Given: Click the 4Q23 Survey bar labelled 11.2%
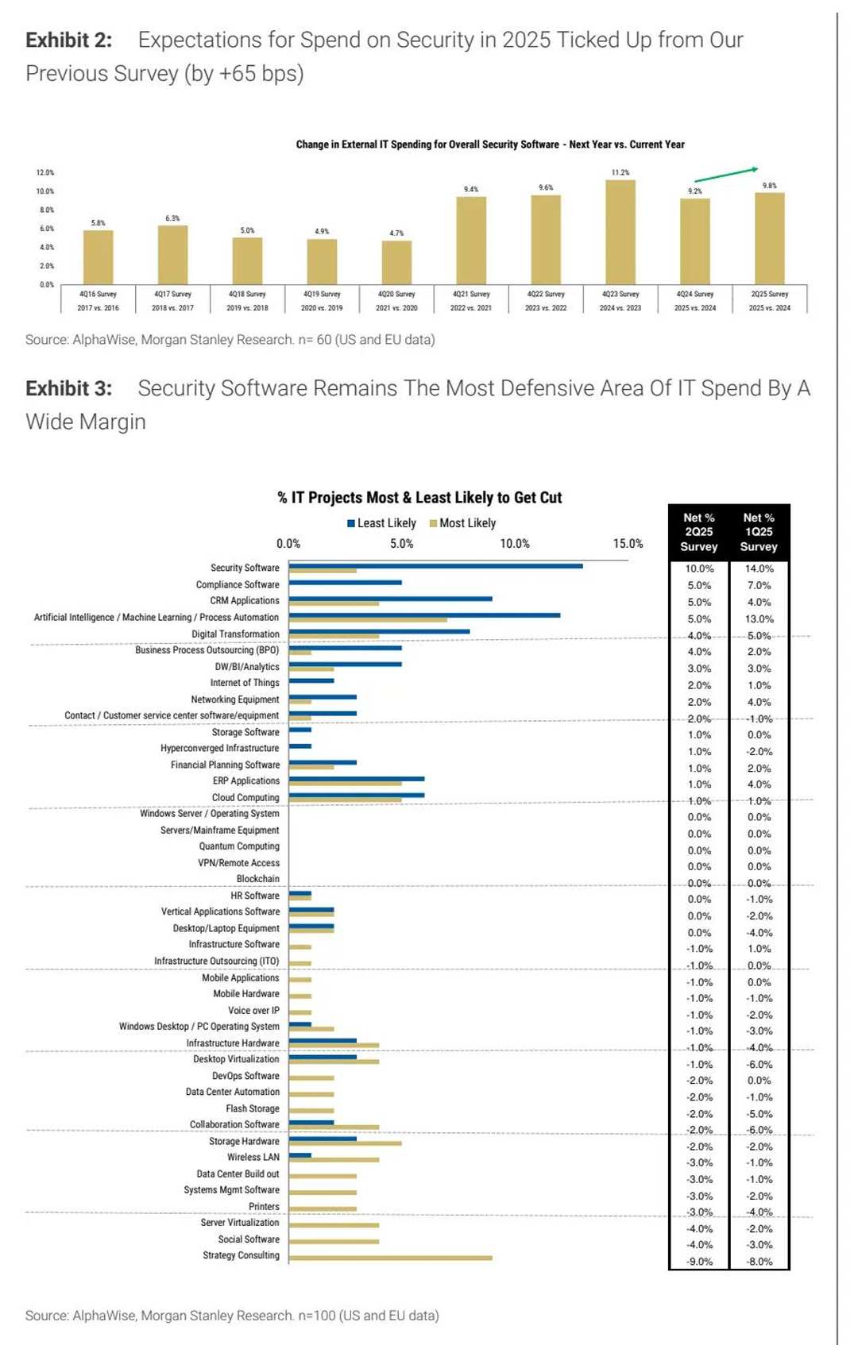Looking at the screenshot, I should tap(620, 232).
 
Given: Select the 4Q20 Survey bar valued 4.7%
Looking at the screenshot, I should tap(396, 262).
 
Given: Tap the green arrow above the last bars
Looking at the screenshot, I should tap(726, 175).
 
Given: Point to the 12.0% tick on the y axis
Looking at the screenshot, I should tap(45, 172).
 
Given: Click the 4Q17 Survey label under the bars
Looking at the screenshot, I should tap(172, 295).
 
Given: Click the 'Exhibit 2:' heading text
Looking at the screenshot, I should tap(69, 40).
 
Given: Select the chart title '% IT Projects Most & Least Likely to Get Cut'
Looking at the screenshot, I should tap(419, 498).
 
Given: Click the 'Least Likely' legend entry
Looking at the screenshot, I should tap(381, 523).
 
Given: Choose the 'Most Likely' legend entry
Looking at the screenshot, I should tap(463, 523).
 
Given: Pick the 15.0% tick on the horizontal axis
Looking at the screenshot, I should tap(628, 544).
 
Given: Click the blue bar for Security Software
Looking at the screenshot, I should tap(435, 566).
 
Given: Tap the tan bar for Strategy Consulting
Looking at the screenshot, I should tap(390, 1258).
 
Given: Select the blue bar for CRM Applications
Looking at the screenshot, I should tap(390, 599).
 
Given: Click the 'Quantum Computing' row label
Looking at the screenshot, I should tap(239, 846).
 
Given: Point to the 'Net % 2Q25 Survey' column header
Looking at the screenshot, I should tap(699, 532).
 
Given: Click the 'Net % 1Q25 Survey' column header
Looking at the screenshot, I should tap(759, 532).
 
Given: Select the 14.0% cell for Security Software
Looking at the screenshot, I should tap(759, 568).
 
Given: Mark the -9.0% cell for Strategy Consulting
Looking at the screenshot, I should tap(699, 1262).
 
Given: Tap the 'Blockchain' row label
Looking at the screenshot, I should tap(257, 879).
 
